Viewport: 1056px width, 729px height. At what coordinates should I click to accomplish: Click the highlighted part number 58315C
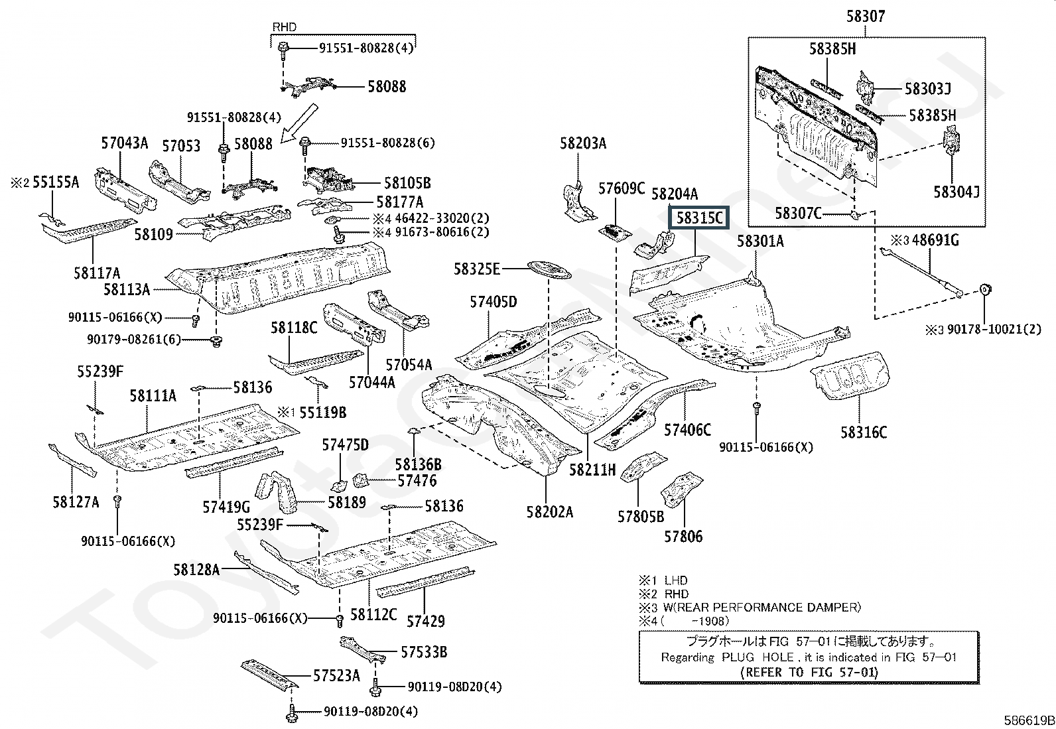click(x=699, y=218)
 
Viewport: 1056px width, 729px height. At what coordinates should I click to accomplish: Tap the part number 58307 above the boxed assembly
click(x=865, y=17)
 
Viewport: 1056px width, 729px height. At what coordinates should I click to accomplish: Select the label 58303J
click(x=928, y=88)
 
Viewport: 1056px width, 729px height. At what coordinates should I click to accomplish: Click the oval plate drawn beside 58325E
click(x=549, y=269)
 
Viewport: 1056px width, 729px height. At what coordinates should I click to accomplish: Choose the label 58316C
click(x=863, y=432)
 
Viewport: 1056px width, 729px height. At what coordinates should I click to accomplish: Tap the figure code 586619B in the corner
click(x=1027, y=720)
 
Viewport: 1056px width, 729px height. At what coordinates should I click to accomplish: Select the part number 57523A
click(x=336, y=675)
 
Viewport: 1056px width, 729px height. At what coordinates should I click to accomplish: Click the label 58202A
click(x=550, y=511)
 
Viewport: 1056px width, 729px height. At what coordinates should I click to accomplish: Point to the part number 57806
click(x=683, y=535)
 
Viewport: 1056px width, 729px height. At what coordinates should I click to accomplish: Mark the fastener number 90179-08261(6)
click(x=133, y=340)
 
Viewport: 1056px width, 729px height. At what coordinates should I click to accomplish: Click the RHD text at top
click(x=285, y=27)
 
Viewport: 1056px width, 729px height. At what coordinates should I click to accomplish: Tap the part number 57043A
click(x=125, y=143)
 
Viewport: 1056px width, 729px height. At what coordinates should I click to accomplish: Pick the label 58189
click(x=346, y=503)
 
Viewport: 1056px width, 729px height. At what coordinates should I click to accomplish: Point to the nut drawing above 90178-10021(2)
click(x=985, y=289)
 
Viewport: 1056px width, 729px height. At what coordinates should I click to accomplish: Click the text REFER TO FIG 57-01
click(x=809, y=671)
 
